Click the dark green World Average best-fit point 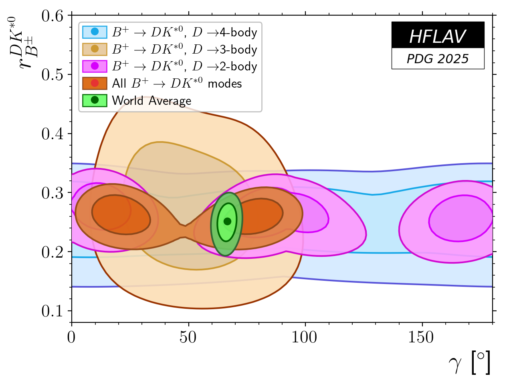point(227,221)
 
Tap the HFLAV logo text point(438,37)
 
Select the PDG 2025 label point(438,59)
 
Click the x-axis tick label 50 point(188,338)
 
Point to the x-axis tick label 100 point(305,338)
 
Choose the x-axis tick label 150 point(422,338)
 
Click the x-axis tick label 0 point(72,338)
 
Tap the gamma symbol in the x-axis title point(456,363)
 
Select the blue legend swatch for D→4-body point(95,32)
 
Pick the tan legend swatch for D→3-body point(95,49)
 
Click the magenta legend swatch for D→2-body point(95,66)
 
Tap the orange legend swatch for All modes point(95,83)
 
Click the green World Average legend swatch point(95,100)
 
